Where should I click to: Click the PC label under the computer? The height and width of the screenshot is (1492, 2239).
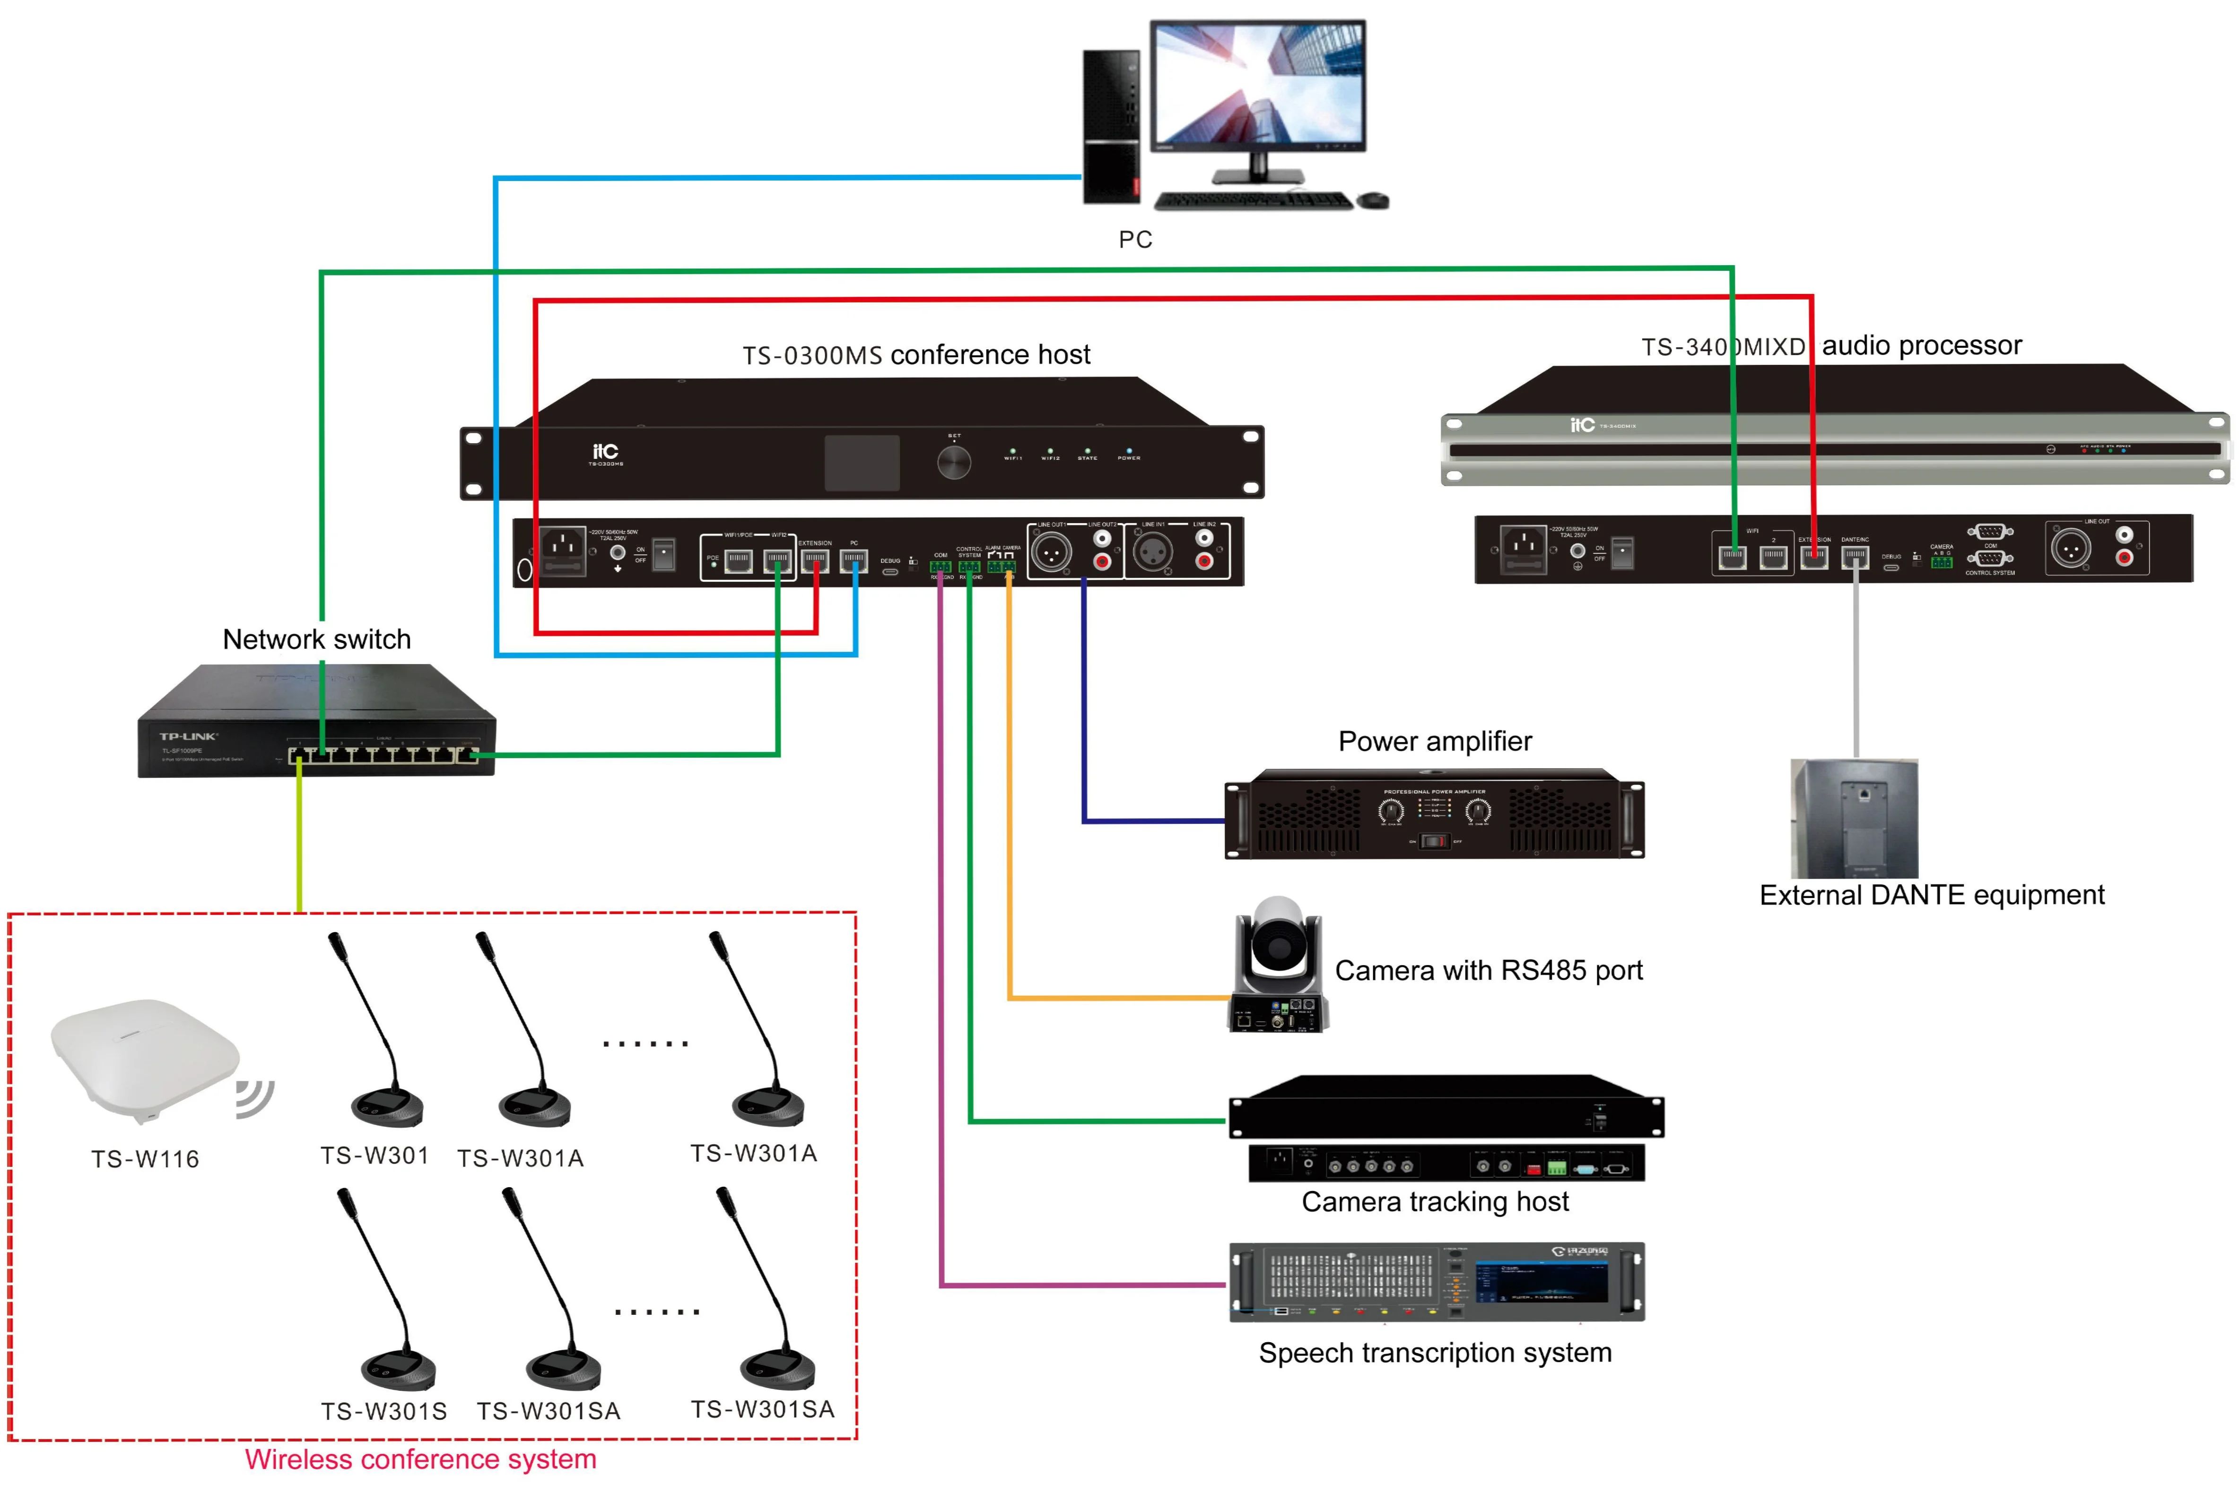(1135, 240)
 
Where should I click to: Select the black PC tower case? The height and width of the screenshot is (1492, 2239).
(1111, 127)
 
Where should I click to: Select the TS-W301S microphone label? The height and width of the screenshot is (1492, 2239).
(383, 1411)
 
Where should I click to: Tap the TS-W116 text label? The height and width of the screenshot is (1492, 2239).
(145, 1159)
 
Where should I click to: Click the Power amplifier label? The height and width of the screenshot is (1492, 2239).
(1435, 741)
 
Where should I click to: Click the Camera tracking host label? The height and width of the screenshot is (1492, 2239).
(1435, 1202)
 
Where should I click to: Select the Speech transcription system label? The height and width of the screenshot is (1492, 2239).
(1435, 1353)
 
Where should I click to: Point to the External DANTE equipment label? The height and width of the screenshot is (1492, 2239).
(1932, 896)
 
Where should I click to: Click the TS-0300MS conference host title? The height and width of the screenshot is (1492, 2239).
(916, 355)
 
